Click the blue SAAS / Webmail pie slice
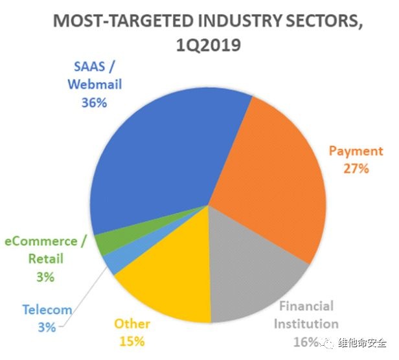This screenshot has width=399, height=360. [162, 155]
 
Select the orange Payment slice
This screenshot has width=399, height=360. [266, 175]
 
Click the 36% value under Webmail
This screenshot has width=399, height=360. [94, 102]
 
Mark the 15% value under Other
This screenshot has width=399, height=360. [132, 341]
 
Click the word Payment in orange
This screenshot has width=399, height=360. [356, 152]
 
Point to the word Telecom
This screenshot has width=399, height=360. [47, 310]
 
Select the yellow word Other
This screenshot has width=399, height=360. [132, 324]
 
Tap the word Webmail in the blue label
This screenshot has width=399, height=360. [94, 85]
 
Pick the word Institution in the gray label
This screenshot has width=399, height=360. [304, 323]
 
